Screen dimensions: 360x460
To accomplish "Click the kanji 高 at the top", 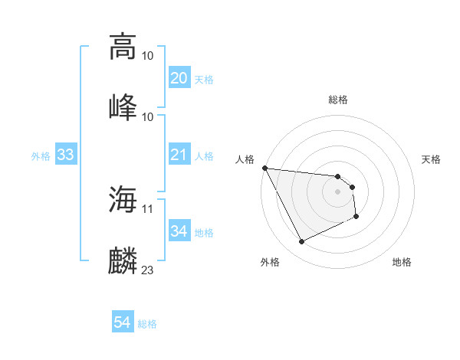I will [123, 46].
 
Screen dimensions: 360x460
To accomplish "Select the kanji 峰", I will [123, 106].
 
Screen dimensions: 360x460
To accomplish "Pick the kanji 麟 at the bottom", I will [123, 260].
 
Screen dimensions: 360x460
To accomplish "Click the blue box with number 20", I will [179, 78].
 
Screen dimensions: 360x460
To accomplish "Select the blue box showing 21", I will [179, 155].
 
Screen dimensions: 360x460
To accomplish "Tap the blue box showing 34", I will [179, 231].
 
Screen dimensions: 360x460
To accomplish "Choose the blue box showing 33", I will [65, 155].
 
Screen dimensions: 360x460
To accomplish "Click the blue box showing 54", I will [122, 323].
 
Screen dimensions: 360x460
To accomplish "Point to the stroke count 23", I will [148, 270].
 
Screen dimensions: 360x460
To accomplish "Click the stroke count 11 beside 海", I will [148, 208].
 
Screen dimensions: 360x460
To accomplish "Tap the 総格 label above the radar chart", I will [338, 100].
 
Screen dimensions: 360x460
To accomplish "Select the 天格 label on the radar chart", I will [432, 159].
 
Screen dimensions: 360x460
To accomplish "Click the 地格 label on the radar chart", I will [402, 262].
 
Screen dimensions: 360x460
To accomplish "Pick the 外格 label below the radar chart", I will [270, 262].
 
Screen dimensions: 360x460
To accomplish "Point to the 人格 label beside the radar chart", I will [245, 159].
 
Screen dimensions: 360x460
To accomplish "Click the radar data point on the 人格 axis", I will [264, 168].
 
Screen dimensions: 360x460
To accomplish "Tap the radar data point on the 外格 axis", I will [301, 242].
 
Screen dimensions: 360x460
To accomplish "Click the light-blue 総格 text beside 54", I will [147, 324].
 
